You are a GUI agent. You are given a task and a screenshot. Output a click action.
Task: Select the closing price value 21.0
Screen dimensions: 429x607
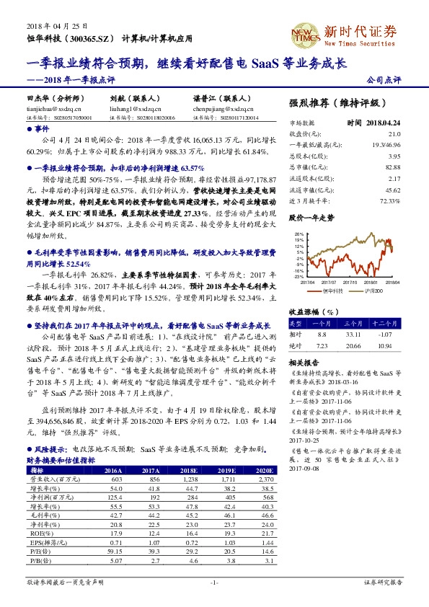point(394,134)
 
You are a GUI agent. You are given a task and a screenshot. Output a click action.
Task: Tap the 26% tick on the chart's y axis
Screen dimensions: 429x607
point(298,235)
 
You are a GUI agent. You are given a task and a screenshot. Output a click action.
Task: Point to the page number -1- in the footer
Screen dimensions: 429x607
point(213,581)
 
